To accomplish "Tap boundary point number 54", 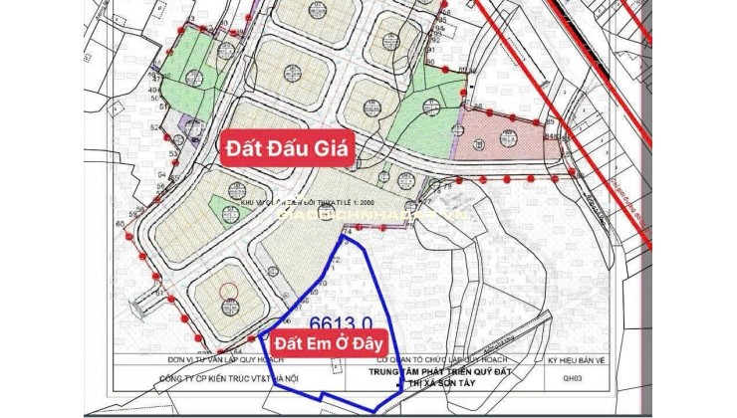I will pyautogui.click(x=162, y=174).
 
